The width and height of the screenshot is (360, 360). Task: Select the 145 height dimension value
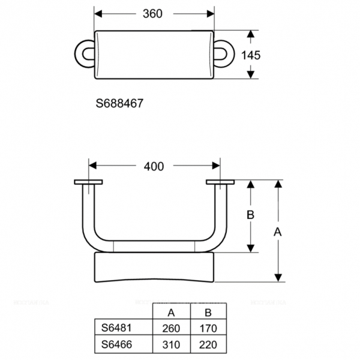coord(251,55)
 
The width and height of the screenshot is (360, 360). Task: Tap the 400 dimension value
coord(154,167)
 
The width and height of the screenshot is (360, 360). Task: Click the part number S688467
coord(119,103)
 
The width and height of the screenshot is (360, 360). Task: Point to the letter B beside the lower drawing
coord(252,214)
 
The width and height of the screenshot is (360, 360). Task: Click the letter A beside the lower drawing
coord(277,230)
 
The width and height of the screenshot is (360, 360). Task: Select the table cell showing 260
coord(170,328)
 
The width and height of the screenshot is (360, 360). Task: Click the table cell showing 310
coord(170,345)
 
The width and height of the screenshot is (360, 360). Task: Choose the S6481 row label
coord(115,328)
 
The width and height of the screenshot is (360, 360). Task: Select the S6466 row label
coord(115,345)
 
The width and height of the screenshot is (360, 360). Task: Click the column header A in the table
coord(170,313)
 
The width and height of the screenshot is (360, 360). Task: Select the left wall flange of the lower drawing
coord(88,181)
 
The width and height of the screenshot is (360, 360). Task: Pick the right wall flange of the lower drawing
coord(220,181)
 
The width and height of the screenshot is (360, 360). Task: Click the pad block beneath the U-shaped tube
coord(154,268)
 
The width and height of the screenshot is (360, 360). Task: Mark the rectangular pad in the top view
coord(155,54)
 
